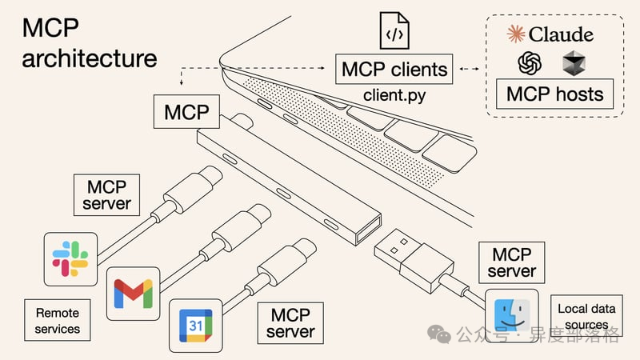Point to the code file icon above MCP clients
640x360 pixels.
point(392,31)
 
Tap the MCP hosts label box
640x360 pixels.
point(554,94)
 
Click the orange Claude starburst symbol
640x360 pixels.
point(517,34)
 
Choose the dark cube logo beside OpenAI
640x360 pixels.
point(573,63)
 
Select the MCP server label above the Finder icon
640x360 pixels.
point(511,262)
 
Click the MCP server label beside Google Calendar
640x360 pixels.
point(290,322)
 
